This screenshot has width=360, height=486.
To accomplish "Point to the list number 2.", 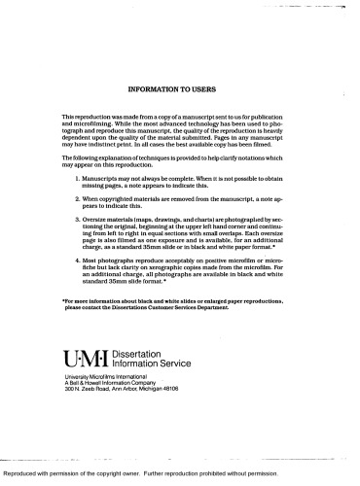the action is (x=77, y=197).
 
